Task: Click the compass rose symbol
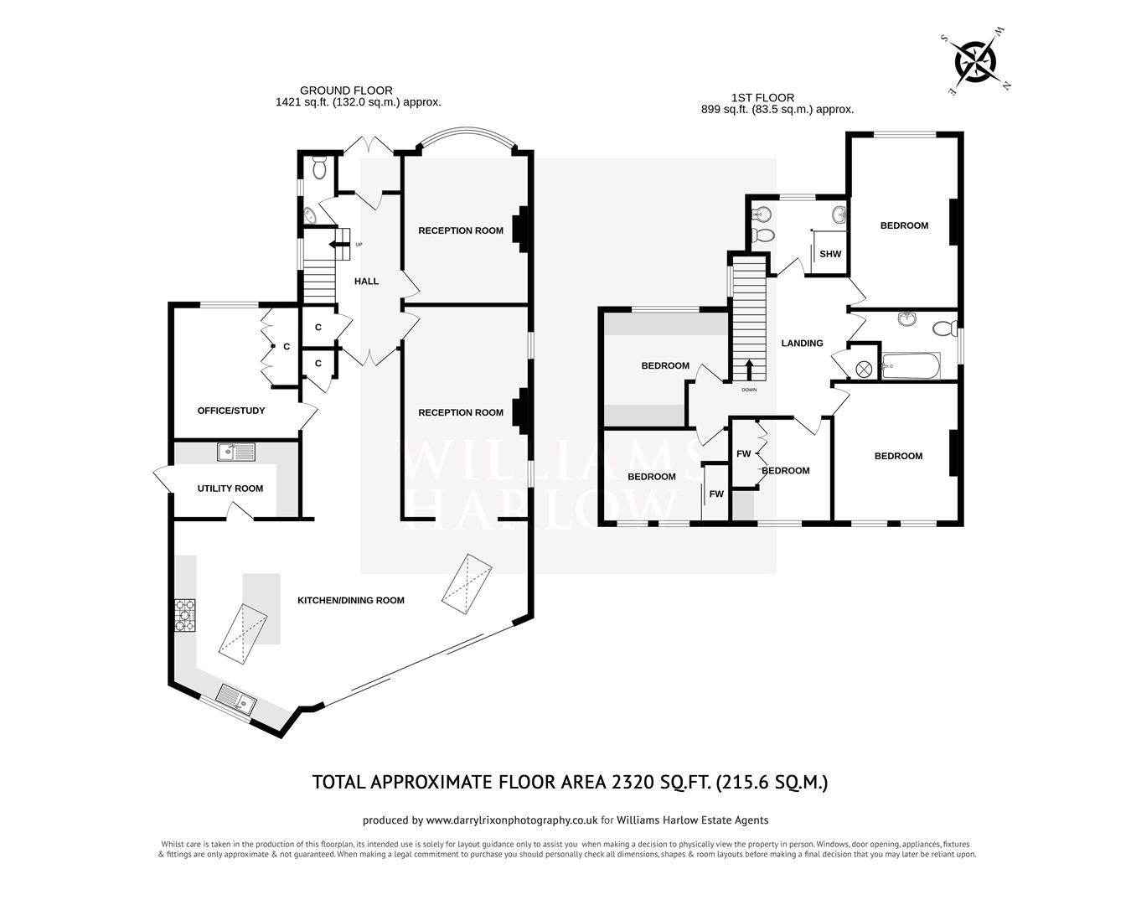[x=976, y=60]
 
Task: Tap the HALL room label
[x=366, y=282]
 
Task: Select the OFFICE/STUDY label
[x=231, y=411]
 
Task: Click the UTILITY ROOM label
[x=230, y=489]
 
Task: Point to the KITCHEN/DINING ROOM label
[x=351, y=600]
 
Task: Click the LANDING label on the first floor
[x=802, y=343]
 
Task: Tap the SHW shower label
[x=829, y=255]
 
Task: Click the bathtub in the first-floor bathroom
[x=911, y=366]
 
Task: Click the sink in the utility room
[x=236, y=452]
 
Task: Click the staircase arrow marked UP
[x=341, y=245]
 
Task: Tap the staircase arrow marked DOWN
[x=749, y=370]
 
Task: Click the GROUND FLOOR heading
[x=346, y=90]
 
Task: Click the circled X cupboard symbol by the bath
[x=864, y=367]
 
